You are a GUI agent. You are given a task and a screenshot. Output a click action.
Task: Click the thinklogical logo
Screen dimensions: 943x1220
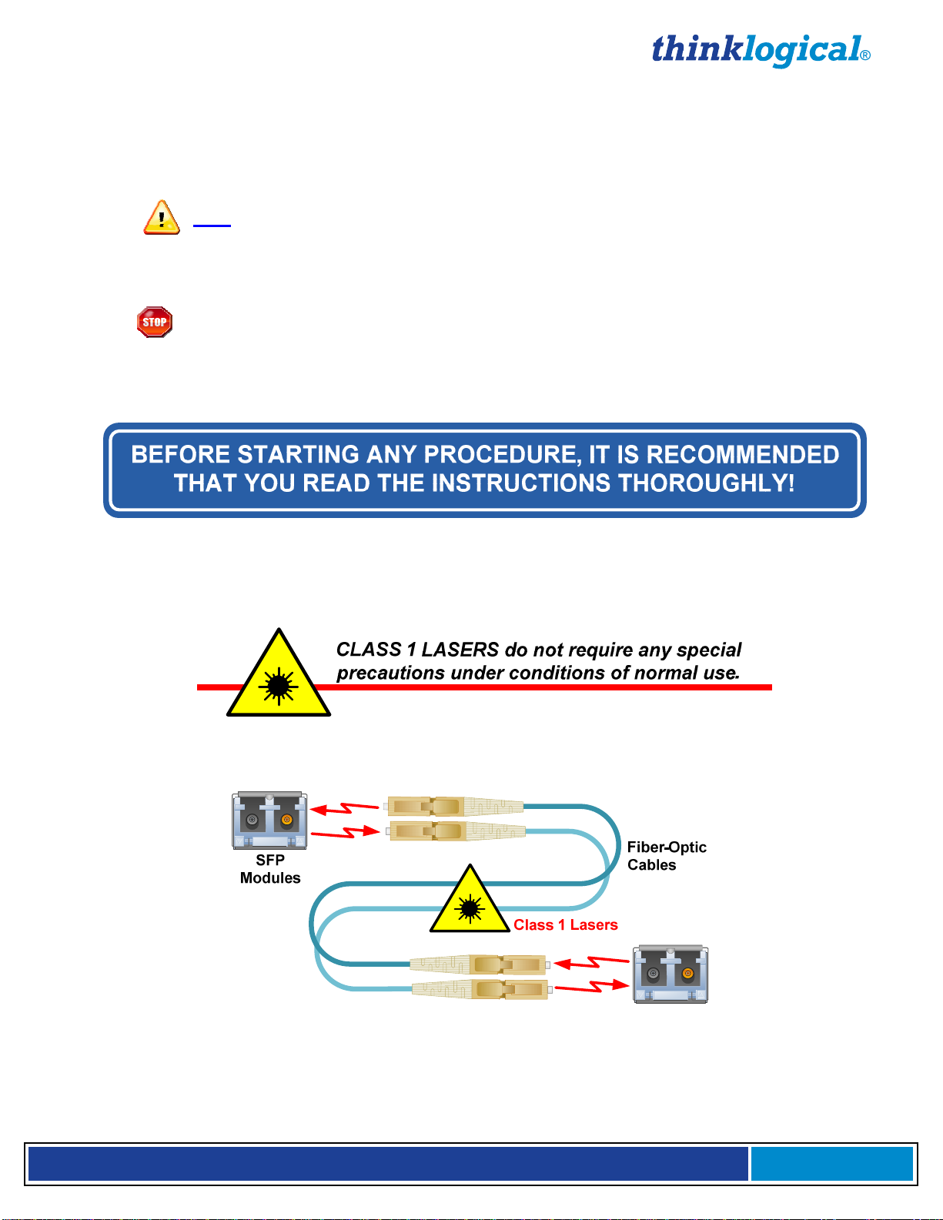click(x=758, y=51)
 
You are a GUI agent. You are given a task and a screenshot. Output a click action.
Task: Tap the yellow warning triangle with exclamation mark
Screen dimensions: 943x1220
click(x=162, y=218)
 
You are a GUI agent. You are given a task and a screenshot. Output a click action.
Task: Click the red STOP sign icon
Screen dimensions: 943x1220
click(x=155, y=322)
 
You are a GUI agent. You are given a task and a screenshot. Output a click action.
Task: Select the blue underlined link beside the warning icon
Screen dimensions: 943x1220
click(x=212, y=224)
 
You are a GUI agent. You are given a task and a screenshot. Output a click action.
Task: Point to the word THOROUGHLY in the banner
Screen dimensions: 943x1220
click(x=706, y=483)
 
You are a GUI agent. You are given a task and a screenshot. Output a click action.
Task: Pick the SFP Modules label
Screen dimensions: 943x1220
click(x=270, y=869)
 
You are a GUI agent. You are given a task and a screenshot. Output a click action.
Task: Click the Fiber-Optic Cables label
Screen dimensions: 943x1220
click(x=667, y=856)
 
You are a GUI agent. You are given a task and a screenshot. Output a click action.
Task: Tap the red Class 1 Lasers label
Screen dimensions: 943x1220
click(x=566, y=924)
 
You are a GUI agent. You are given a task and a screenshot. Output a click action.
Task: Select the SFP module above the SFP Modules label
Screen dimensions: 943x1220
click(x=269, y=821)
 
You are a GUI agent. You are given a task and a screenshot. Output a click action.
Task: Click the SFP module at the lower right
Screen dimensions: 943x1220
click(x=670, y=974)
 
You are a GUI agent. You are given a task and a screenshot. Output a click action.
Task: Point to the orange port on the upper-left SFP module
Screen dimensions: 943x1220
click(x=287, y=820)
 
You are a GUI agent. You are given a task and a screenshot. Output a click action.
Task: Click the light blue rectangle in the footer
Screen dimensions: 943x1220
click(x=831, y=1163)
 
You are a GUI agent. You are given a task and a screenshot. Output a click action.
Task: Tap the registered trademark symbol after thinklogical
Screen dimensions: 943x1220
click(x=865, y=55)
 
